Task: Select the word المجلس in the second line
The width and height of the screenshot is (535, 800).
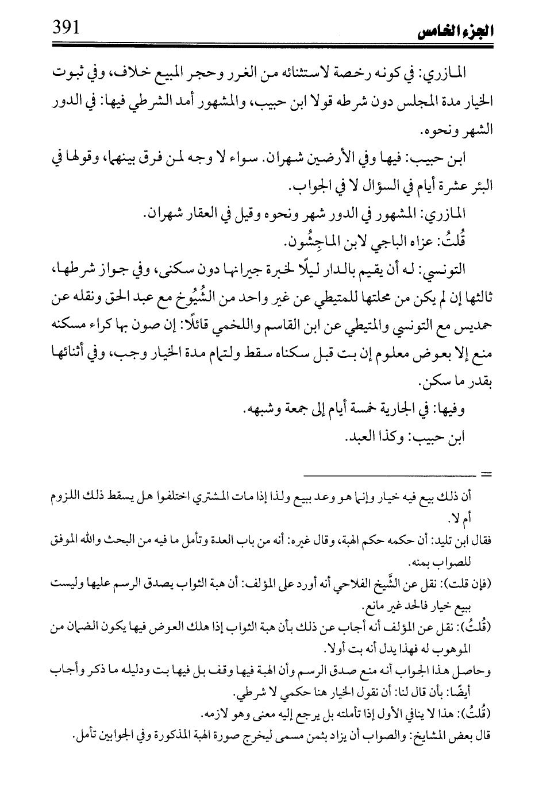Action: (x=391, y=101)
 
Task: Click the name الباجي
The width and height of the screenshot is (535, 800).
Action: (x=368, y=242)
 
